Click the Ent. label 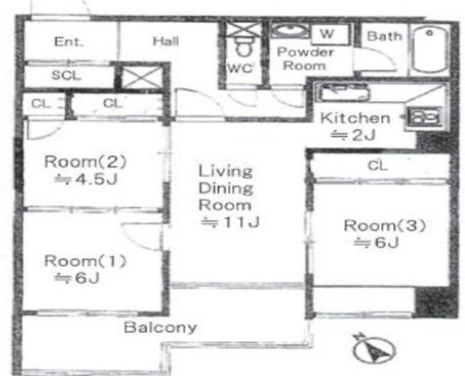[69, 41]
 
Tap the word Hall [166, 41]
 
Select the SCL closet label [66, 75]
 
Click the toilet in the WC [243, 48]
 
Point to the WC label [240, 68]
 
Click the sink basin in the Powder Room [290, 30]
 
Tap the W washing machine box [330, 34]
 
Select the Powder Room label [305, 59]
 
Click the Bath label [384, 36]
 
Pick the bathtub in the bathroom [430, 50]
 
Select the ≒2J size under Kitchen [353, 135]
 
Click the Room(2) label [86, 162]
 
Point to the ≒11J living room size [230, 221]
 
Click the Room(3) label [384, 226]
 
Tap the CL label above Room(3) [377, 165]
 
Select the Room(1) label [86, 261]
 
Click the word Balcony [160, 327]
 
